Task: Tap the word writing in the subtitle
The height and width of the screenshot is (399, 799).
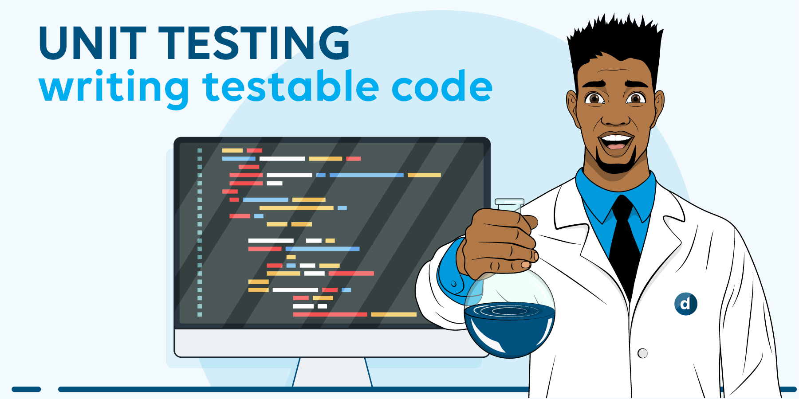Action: [114, 88]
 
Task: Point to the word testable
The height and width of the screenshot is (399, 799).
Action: [291, 85]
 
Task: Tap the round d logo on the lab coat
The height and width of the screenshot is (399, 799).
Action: [685, 304]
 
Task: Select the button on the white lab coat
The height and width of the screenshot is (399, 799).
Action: [642, 353]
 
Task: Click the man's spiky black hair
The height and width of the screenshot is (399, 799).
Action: [614, 49]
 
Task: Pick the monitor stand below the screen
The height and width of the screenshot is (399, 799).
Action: [332, 372]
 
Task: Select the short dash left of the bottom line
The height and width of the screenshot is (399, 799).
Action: [26, 389]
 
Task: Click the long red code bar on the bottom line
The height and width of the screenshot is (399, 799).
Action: [330, 314]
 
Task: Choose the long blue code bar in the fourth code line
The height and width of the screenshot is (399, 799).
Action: [366, 175]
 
